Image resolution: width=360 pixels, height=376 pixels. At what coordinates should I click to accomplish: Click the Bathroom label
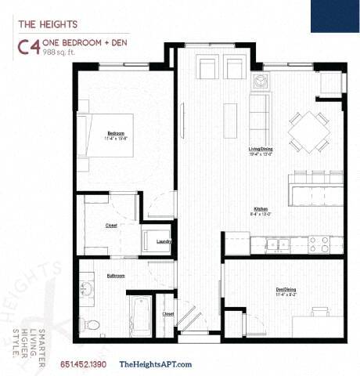pos(116,276)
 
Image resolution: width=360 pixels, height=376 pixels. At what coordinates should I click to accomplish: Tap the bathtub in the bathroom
pos(142,317)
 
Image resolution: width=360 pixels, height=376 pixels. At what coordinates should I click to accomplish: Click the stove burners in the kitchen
pos(319,244)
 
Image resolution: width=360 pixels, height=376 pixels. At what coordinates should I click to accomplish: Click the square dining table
pos(308,131)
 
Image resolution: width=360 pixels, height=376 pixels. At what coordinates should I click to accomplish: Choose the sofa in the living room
pos(257,114)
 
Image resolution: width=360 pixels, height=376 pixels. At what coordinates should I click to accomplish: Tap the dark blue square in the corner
pos(334,16)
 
